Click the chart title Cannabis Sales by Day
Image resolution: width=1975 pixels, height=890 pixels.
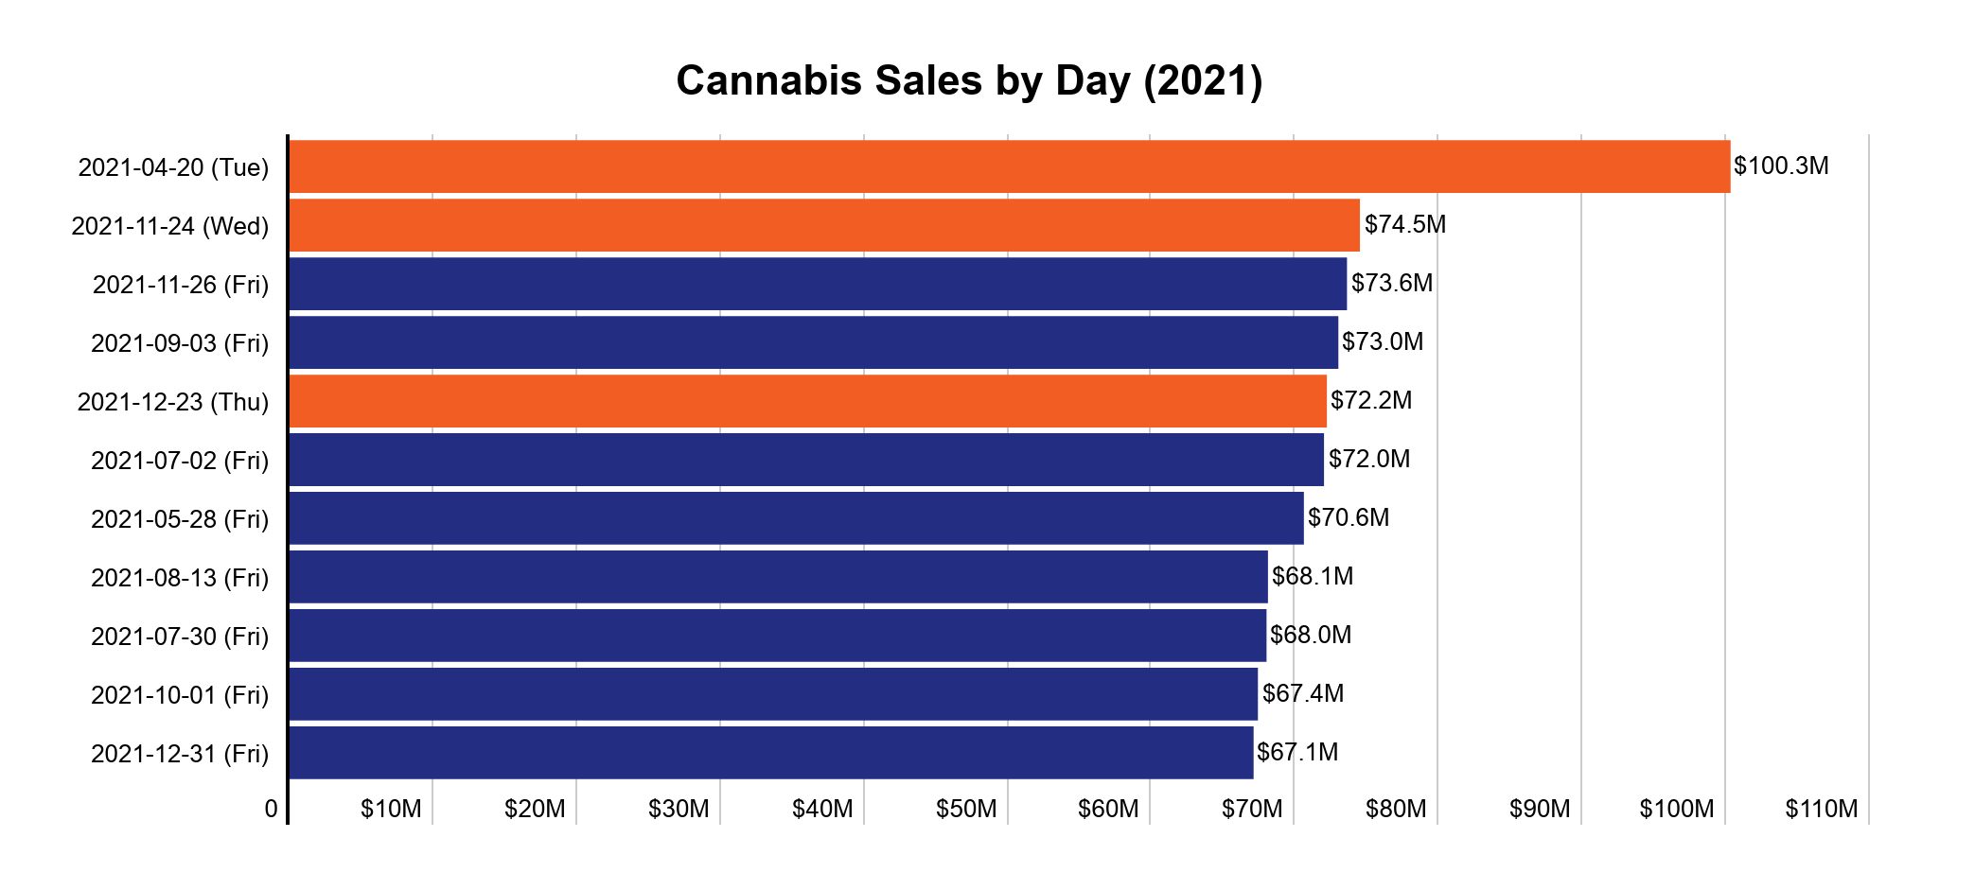click(x=969, y=81)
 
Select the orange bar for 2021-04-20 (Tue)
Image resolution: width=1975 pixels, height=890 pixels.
click(x=1009, y=166)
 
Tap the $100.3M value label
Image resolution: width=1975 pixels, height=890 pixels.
click(x=1780, y=166)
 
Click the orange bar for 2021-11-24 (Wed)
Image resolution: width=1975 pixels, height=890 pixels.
click(x=823, y=225)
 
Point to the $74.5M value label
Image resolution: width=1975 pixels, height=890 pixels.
click(x=1404, y=225)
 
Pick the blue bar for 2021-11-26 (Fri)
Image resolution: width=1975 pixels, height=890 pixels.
click(x=817, y=284)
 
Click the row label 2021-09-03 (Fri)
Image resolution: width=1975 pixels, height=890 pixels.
click(x=180, y=343)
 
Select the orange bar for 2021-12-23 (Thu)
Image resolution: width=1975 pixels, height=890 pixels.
click(x=807, y=401)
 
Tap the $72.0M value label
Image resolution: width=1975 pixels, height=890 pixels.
click(x=1368, y=460)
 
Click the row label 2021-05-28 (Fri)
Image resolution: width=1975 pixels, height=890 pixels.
click(x=180, y=519)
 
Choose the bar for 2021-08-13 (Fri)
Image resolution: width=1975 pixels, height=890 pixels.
click(x=778, y=577)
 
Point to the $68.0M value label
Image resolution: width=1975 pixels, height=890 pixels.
click(x=1310, y=636)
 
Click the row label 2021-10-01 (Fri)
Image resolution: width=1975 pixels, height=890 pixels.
click(x=180, y=695)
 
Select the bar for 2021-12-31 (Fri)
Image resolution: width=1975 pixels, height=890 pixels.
click(x=770, y=753)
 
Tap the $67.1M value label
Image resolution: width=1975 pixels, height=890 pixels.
click(x=1296, y=753)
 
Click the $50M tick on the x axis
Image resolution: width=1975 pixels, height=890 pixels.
click(x=966, y=810)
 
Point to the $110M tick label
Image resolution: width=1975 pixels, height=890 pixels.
click(x=1821, y=810)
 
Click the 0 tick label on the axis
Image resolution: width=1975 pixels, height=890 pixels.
click(x=272, y=810)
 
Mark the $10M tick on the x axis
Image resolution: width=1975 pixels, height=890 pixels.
click(x=391, y=810)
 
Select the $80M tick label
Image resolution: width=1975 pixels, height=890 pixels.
click(x=1396, y=810)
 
